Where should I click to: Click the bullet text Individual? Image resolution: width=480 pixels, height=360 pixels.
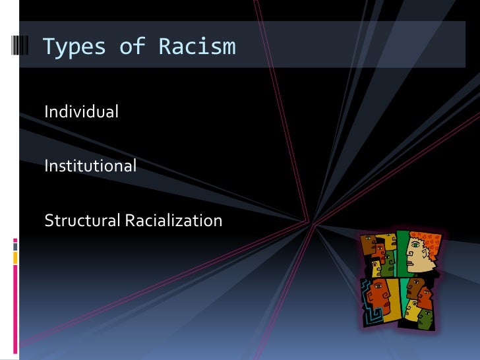click(x=81, y=112)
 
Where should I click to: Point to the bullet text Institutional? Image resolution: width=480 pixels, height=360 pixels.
click(x=90, y=166)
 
